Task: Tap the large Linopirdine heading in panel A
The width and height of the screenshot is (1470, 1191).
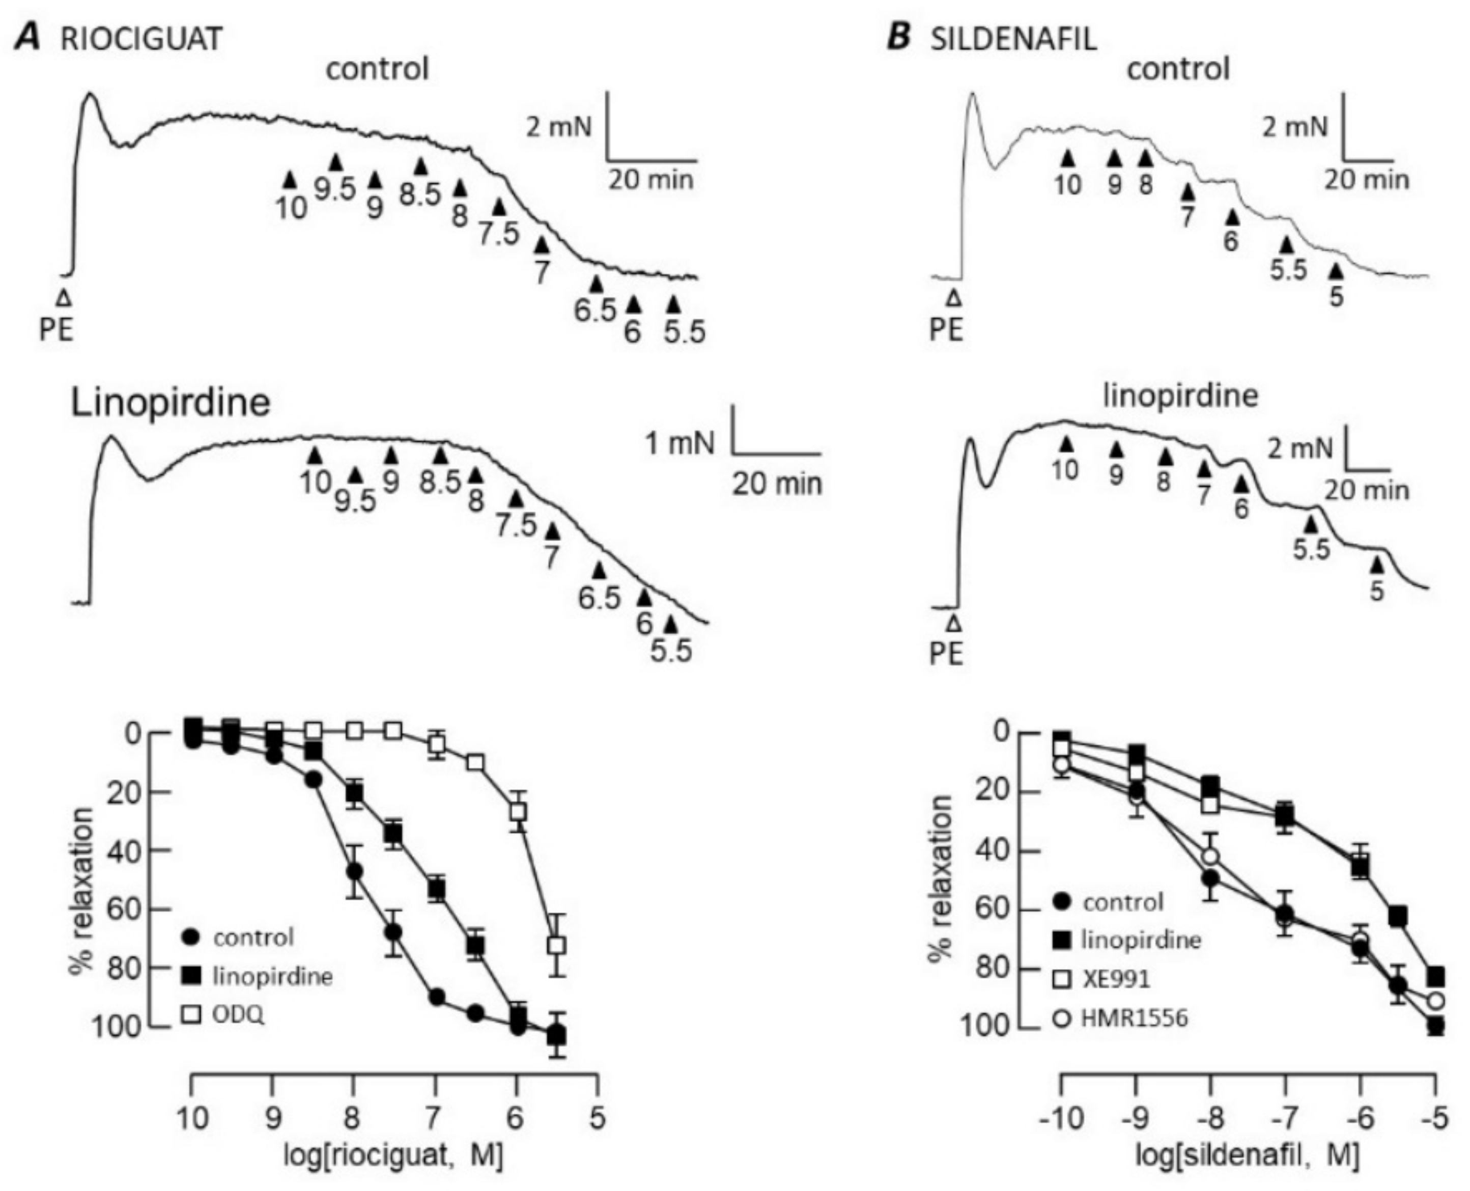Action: (170, 403)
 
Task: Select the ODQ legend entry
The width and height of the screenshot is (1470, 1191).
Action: (237, 1015)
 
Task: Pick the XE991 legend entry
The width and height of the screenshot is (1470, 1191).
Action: (1115, 979)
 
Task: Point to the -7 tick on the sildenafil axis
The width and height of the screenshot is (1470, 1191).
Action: (1285, 1120)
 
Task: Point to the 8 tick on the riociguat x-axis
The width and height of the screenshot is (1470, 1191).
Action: (353, 1120)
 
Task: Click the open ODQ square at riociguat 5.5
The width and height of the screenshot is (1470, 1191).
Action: (558, 945)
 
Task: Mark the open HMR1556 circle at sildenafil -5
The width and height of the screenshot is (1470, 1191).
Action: (1436, 1000)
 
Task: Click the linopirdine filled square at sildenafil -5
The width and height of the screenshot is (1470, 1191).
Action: (1436, 976)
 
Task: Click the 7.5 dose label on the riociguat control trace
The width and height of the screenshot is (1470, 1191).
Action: (499, 234)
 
